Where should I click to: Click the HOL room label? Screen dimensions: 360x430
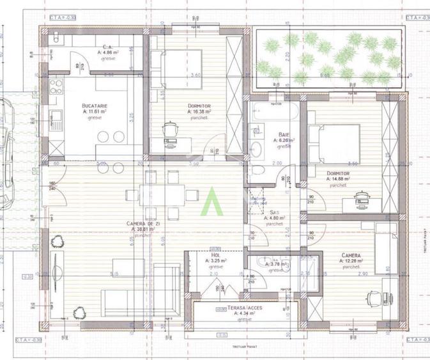[215, 254]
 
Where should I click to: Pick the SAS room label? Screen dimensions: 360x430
[273, 212]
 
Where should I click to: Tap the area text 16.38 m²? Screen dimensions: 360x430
[203, 111]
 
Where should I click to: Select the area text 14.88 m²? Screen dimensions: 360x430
[340, 180]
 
